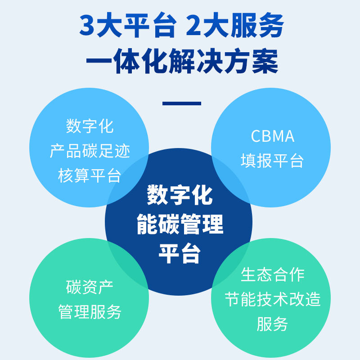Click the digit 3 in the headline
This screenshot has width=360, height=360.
tap(87, 25)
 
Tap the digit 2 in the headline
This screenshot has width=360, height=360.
tap(193, 25)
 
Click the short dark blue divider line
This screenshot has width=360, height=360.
tap(182, 103)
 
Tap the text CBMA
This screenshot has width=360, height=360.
tap(273, 136)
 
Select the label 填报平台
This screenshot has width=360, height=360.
tap(272, 161)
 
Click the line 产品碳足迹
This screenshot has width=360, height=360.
tap(90, 151)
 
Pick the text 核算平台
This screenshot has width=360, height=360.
tap(89, 175)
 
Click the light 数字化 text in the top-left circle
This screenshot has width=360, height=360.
tap(90, 126)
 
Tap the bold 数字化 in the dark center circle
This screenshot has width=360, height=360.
tap(180, 195)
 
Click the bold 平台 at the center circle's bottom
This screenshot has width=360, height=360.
tap(179, 253)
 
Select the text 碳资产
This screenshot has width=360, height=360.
tap(90, 287)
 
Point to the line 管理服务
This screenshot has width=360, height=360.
tap(90, 311)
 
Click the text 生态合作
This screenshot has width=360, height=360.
tap(273, 274)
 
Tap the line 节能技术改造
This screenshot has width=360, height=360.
tap(273, 299)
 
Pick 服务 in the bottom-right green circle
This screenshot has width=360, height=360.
tap(272, 324)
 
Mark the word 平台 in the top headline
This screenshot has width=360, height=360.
tap(151, 25)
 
